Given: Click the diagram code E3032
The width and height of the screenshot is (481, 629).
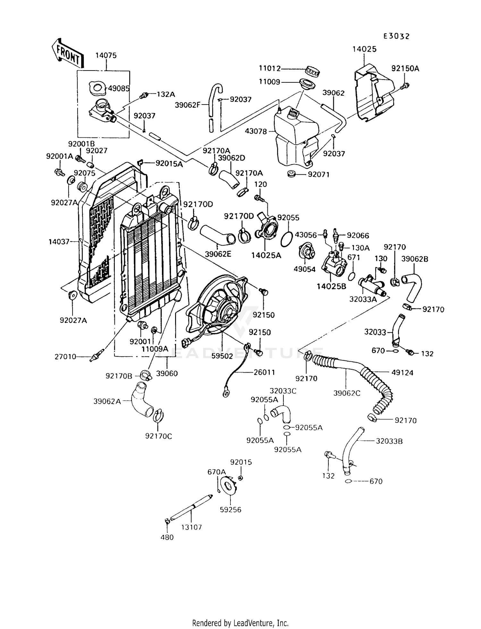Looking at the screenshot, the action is point(397,36).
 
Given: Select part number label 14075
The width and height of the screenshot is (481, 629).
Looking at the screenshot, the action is point(106,55).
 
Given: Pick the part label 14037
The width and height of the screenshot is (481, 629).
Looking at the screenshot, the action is point(59,241).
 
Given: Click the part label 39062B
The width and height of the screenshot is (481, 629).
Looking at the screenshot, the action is point(415,259).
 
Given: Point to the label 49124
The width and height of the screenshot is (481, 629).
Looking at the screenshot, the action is point(402,373).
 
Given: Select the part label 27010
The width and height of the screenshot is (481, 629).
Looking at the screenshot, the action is point(65,356).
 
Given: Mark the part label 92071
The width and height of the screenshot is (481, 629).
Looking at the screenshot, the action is point(319,174).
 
